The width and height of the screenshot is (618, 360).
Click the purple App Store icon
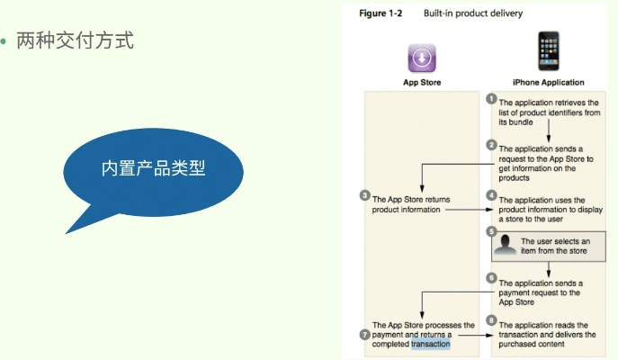(x=421, y=57)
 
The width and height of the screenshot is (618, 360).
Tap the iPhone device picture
(x=547, y=51)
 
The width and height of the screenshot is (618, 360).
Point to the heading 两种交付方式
(x=76, y=40)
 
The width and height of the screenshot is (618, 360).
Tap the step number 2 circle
(x=491, y=144)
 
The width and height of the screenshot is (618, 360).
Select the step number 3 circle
(x=365, y=195)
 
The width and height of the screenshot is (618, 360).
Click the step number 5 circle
(x=491, y=231)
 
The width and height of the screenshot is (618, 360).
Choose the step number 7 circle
(x=365, y=334)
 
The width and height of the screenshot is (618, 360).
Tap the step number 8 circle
(x=491, y=320)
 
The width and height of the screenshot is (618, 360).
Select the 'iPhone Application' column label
(x=548, y=82)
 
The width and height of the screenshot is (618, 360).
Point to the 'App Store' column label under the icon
(x=421, y=82)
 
